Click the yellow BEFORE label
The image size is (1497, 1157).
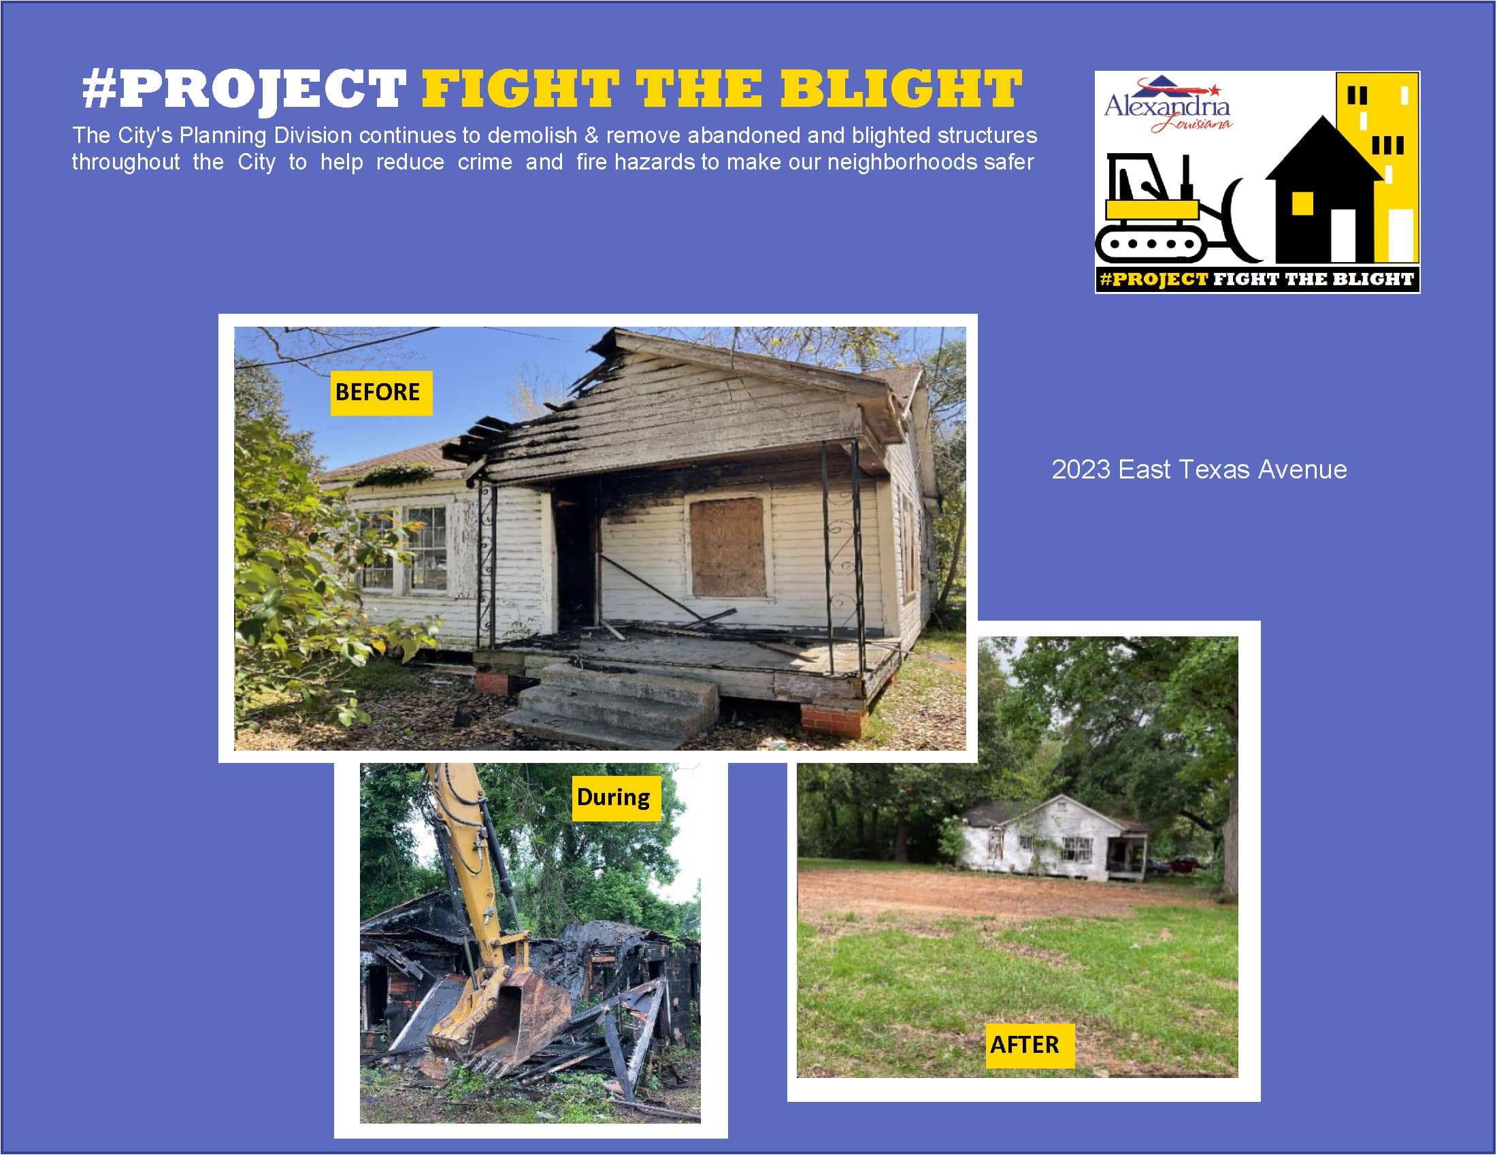[x=381, y=393]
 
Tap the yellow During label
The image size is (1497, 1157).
[x=616, y=798]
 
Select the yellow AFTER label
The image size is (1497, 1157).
[x=1030, y=1045]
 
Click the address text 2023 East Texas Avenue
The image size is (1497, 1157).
[x=1199, y=470]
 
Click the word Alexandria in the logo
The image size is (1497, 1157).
[x=1166, y=107]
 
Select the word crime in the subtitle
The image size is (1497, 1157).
[x=484, y=162]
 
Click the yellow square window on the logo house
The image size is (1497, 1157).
[x=1302, y=203]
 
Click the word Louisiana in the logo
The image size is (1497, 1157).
[x=1193, y=124]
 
